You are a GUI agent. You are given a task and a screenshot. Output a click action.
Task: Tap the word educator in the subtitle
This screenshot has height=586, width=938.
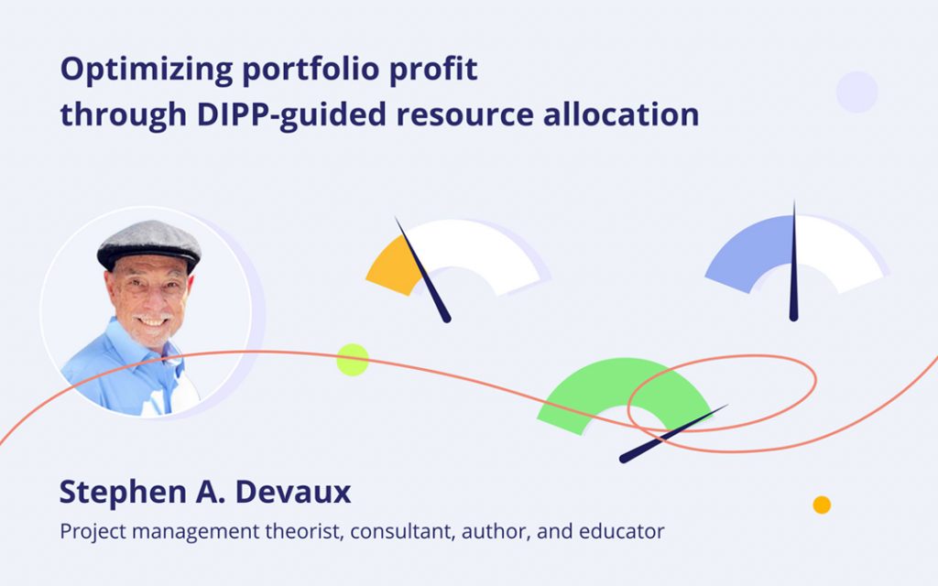click(620, 531)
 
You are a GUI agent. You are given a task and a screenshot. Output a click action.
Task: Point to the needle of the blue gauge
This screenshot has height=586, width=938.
click(793, 266)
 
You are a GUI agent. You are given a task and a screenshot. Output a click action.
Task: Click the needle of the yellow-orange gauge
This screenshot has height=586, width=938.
click(423, 271)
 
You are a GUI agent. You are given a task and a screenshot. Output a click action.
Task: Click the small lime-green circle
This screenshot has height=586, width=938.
click(353, 360)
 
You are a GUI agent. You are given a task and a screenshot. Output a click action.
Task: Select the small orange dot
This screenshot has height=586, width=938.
click(822, 505)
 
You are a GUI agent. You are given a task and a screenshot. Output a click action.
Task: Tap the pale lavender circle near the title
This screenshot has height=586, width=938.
click(856, 92)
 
